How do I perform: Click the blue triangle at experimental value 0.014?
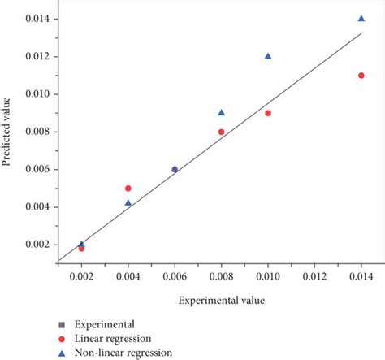361,18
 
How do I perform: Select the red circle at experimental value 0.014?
361,76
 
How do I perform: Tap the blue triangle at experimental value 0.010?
268,56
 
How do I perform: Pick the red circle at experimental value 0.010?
268,113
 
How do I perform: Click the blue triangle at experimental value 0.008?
222,112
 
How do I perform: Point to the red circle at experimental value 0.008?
222,132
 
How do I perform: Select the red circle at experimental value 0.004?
128,188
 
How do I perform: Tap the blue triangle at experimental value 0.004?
128,202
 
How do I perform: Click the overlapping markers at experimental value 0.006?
175,169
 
